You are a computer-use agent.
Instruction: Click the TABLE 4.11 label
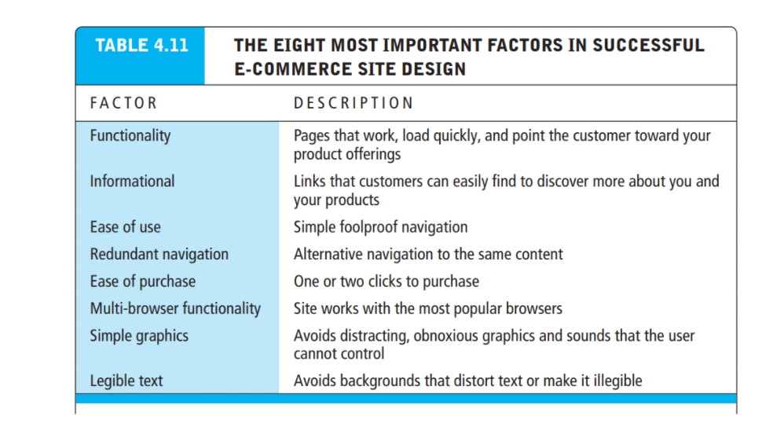[x=141, y=45]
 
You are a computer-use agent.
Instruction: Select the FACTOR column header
[x=123, y=103]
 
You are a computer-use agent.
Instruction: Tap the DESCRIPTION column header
[x=353, y=103]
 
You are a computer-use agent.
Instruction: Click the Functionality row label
[x=130, y=135]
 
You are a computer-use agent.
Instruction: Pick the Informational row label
[x=132, y=181]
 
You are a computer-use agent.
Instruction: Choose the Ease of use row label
[x=125, y=227]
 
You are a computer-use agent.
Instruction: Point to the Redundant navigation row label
[x=159, y=254]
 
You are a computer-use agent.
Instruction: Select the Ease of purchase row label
[x=142, y=281]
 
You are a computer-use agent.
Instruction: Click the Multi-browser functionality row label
[x=174, y=308]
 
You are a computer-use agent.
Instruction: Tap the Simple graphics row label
[x=139, y=336]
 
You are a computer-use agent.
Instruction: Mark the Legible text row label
[x=126, y=381]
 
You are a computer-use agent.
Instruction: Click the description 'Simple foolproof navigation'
[x=380, y=227]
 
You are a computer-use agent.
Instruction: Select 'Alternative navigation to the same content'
[x=428, y=254]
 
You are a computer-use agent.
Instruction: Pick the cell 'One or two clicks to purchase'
[x=386, y=281]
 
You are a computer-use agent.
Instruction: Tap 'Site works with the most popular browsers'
[x=428, y=308]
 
